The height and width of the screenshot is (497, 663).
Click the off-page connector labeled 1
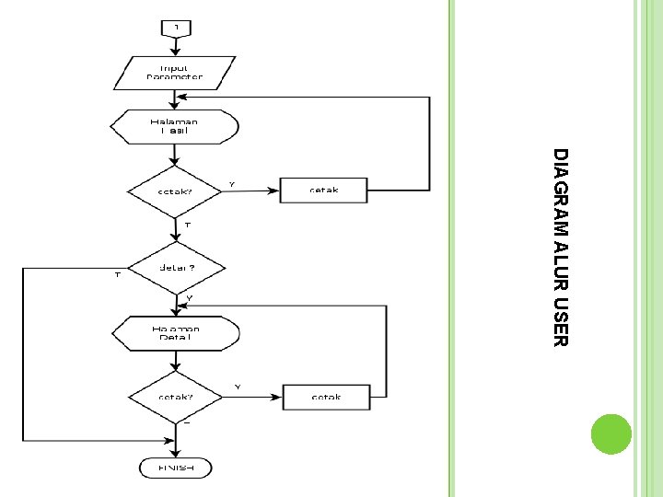point(176,28)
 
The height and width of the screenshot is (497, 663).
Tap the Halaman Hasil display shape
point(174,125)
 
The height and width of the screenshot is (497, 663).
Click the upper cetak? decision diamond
point(175,191)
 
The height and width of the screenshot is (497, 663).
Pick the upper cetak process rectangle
point(323,191)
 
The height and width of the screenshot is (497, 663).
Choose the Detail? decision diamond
point(175,269)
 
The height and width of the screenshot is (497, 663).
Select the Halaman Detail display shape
point(175,332)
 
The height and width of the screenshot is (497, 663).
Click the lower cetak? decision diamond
point(175,398)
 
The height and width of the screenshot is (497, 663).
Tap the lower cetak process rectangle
point(326,397)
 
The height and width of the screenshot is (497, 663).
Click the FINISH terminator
point(176,468)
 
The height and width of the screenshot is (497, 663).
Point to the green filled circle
point(610,433)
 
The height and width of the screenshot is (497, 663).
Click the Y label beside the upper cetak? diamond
point(232,184)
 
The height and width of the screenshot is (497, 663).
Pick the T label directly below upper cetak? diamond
point(187,225)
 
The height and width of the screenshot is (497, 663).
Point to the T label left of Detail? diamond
point(117,274)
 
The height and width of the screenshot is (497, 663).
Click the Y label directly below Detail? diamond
point(190,298)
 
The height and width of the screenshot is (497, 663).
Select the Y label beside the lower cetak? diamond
point(238,387)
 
